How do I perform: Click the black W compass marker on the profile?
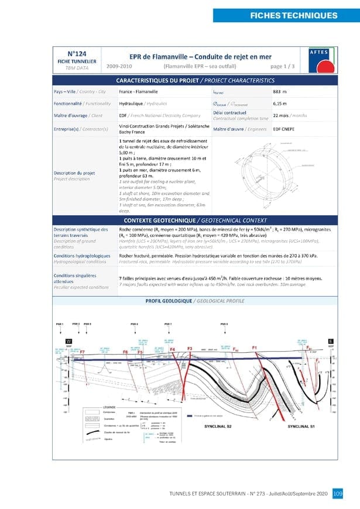point(68,341)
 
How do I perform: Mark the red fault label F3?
point(190,349)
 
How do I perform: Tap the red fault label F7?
point(82,352)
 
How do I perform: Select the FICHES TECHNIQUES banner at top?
point(286,15)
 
